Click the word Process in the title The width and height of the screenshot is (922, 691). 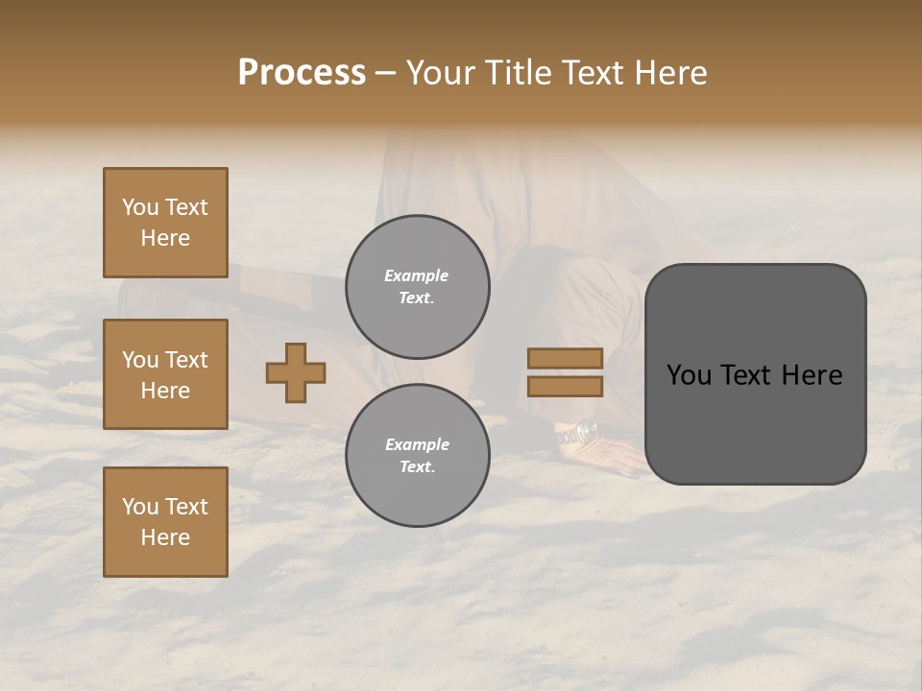click(x=302, y=73)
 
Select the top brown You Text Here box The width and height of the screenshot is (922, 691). click(x=165, y=223)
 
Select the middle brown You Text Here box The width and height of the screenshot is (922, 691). click(x=165, y=374)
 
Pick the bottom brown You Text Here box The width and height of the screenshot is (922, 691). click(x=165, y=522)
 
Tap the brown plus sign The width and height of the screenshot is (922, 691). click(x=296, y=372)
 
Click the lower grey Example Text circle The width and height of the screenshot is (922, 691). click(x=417, y=456)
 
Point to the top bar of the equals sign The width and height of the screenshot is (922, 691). click(x=565, y=358)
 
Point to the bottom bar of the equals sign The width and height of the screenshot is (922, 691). click(x=565, y=386)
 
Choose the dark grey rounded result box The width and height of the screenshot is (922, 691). click(x=755, y=374)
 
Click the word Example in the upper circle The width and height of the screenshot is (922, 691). click(x=416, y=275)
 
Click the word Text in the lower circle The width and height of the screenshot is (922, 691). click(x=416, y=467)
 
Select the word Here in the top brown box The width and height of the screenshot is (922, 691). click(x=165, y=238)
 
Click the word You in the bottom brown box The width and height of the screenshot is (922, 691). click(x=140, y=507)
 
